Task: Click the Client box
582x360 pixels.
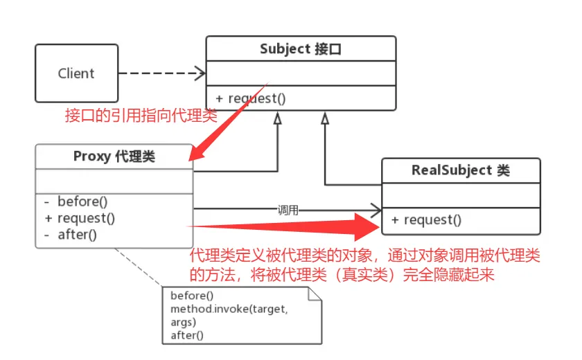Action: point(76,73)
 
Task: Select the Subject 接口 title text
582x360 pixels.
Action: point(301,49)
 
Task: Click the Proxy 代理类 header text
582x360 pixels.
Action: point(114,156)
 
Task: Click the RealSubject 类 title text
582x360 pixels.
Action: point(461,170)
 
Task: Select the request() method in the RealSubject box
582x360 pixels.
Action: point(426,220)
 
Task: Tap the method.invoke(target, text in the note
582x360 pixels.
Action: point(229,309)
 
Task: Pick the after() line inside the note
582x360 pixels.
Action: point(186,336)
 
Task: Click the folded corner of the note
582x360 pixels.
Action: point(315,294)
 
